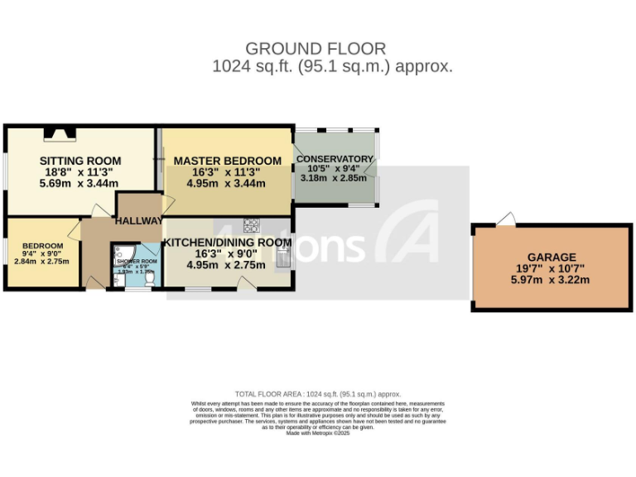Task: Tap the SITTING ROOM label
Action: pos(81,161)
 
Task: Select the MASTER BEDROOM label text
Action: pos(227,161)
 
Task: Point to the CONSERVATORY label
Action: pos(335,159)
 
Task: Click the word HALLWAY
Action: pos(138,221)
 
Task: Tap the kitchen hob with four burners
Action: pos(252,224)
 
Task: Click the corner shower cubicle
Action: pos(123,252)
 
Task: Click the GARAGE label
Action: pos(554,258)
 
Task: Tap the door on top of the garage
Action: pos(505,219)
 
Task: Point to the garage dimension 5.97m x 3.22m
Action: pos(554,280)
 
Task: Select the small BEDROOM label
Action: pos(42,246)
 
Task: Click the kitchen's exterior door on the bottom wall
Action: pos(246,283)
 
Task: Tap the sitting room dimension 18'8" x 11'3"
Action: pos(81,172)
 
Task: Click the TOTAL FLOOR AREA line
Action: pos(318,394)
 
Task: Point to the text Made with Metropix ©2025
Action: pos(318,432)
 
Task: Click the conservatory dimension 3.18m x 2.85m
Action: pos(335,177)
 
